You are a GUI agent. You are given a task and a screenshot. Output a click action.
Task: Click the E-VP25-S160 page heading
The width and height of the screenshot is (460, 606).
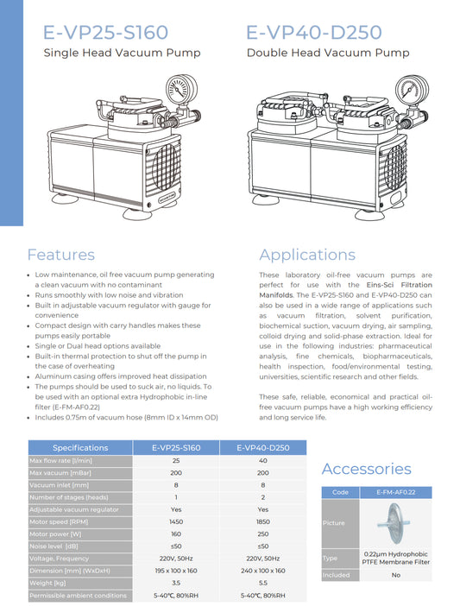[x=106, y=33]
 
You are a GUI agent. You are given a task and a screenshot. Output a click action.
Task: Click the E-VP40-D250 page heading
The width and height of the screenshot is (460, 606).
[x=313, y=33]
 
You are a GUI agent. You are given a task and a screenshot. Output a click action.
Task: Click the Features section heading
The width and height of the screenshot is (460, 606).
[x=60, y=255]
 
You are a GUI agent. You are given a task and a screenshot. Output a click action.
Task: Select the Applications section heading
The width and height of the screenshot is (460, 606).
[x=307, y=255]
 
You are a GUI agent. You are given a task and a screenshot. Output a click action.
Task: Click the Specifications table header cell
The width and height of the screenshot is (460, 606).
[x=80, y=448]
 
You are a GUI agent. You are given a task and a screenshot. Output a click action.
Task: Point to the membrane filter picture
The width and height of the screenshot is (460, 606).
[x=384, y=523]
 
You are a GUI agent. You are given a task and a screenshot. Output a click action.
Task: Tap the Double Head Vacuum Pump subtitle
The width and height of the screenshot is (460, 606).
[x=328, y=54]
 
